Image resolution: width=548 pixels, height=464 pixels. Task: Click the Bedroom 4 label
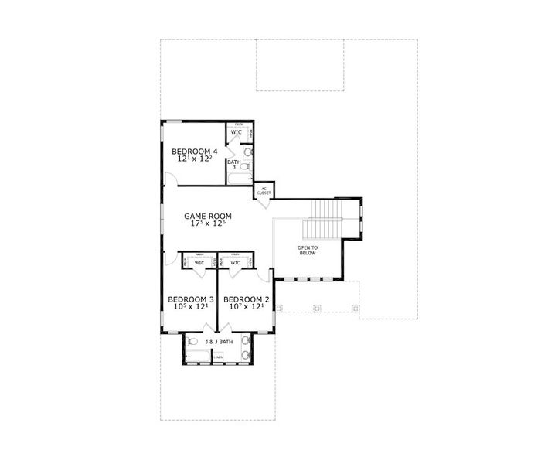[195, 151]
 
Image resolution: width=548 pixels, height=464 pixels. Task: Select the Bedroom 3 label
[191, 299]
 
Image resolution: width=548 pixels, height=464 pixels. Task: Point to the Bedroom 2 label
[247, 299]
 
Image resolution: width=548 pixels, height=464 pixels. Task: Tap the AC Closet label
[263, 190]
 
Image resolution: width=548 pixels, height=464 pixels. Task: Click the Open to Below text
[308, 250]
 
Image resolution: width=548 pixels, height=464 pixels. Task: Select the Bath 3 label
[233, 164]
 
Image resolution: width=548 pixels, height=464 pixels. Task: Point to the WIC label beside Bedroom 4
[237, 132]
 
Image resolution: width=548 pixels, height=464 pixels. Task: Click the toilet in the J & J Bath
[192, 342]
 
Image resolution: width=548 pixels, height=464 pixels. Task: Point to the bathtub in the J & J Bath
[198, 357]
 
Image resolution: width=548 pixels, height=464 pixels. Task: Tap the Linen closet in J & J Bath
[219, 357]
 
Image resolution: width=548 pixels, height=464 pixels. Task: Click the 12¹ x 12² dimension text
[195, 159]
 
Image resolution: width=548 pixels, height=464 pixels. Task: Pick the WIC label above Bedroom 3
[199, 263]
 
